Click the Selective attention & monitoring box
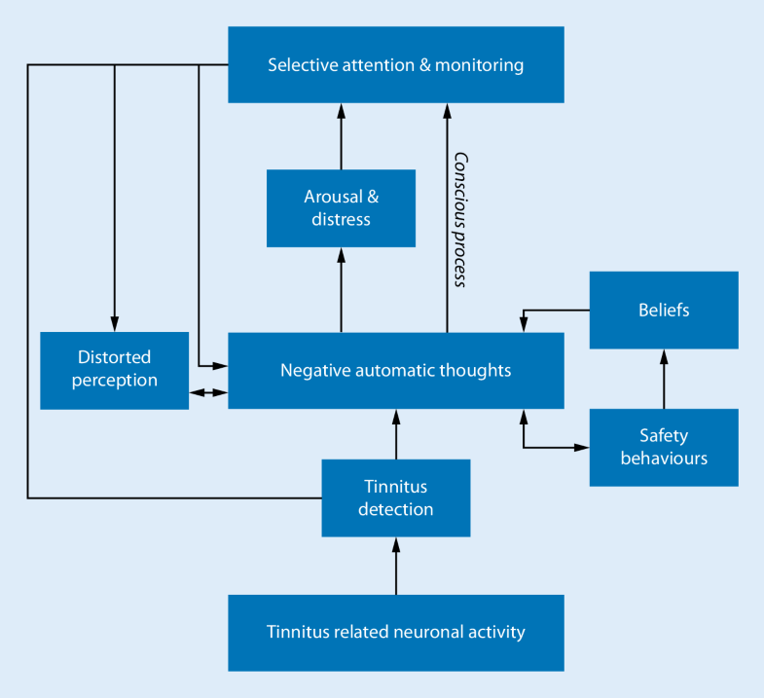(x=395, y=64)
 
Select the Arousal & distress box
(x=341, y=207)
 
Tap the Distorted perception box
(x=114, y=370)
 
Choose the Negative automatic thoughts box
(x=395, y=370)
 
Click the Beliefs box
(x=664, y=310)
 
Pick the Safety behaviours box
(x=664, y=447)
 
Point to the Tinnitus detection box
(x=395, y=497)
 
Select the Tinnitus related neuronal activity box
(x=395, y=632)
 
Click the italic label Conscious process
(x=461, y=219)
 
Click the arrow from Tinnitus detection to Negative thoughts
(x=396, y=434)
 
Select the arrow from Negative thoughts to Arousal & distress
(x=341, y=290)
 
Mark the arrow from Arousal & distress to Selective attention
(x=341, y=136)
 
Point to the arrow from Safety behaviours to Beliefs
(x=664, y=380)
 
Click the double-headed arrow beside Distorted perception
(x=208, y=392)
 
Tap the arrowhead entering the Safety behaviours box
(x=583, y=448)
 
